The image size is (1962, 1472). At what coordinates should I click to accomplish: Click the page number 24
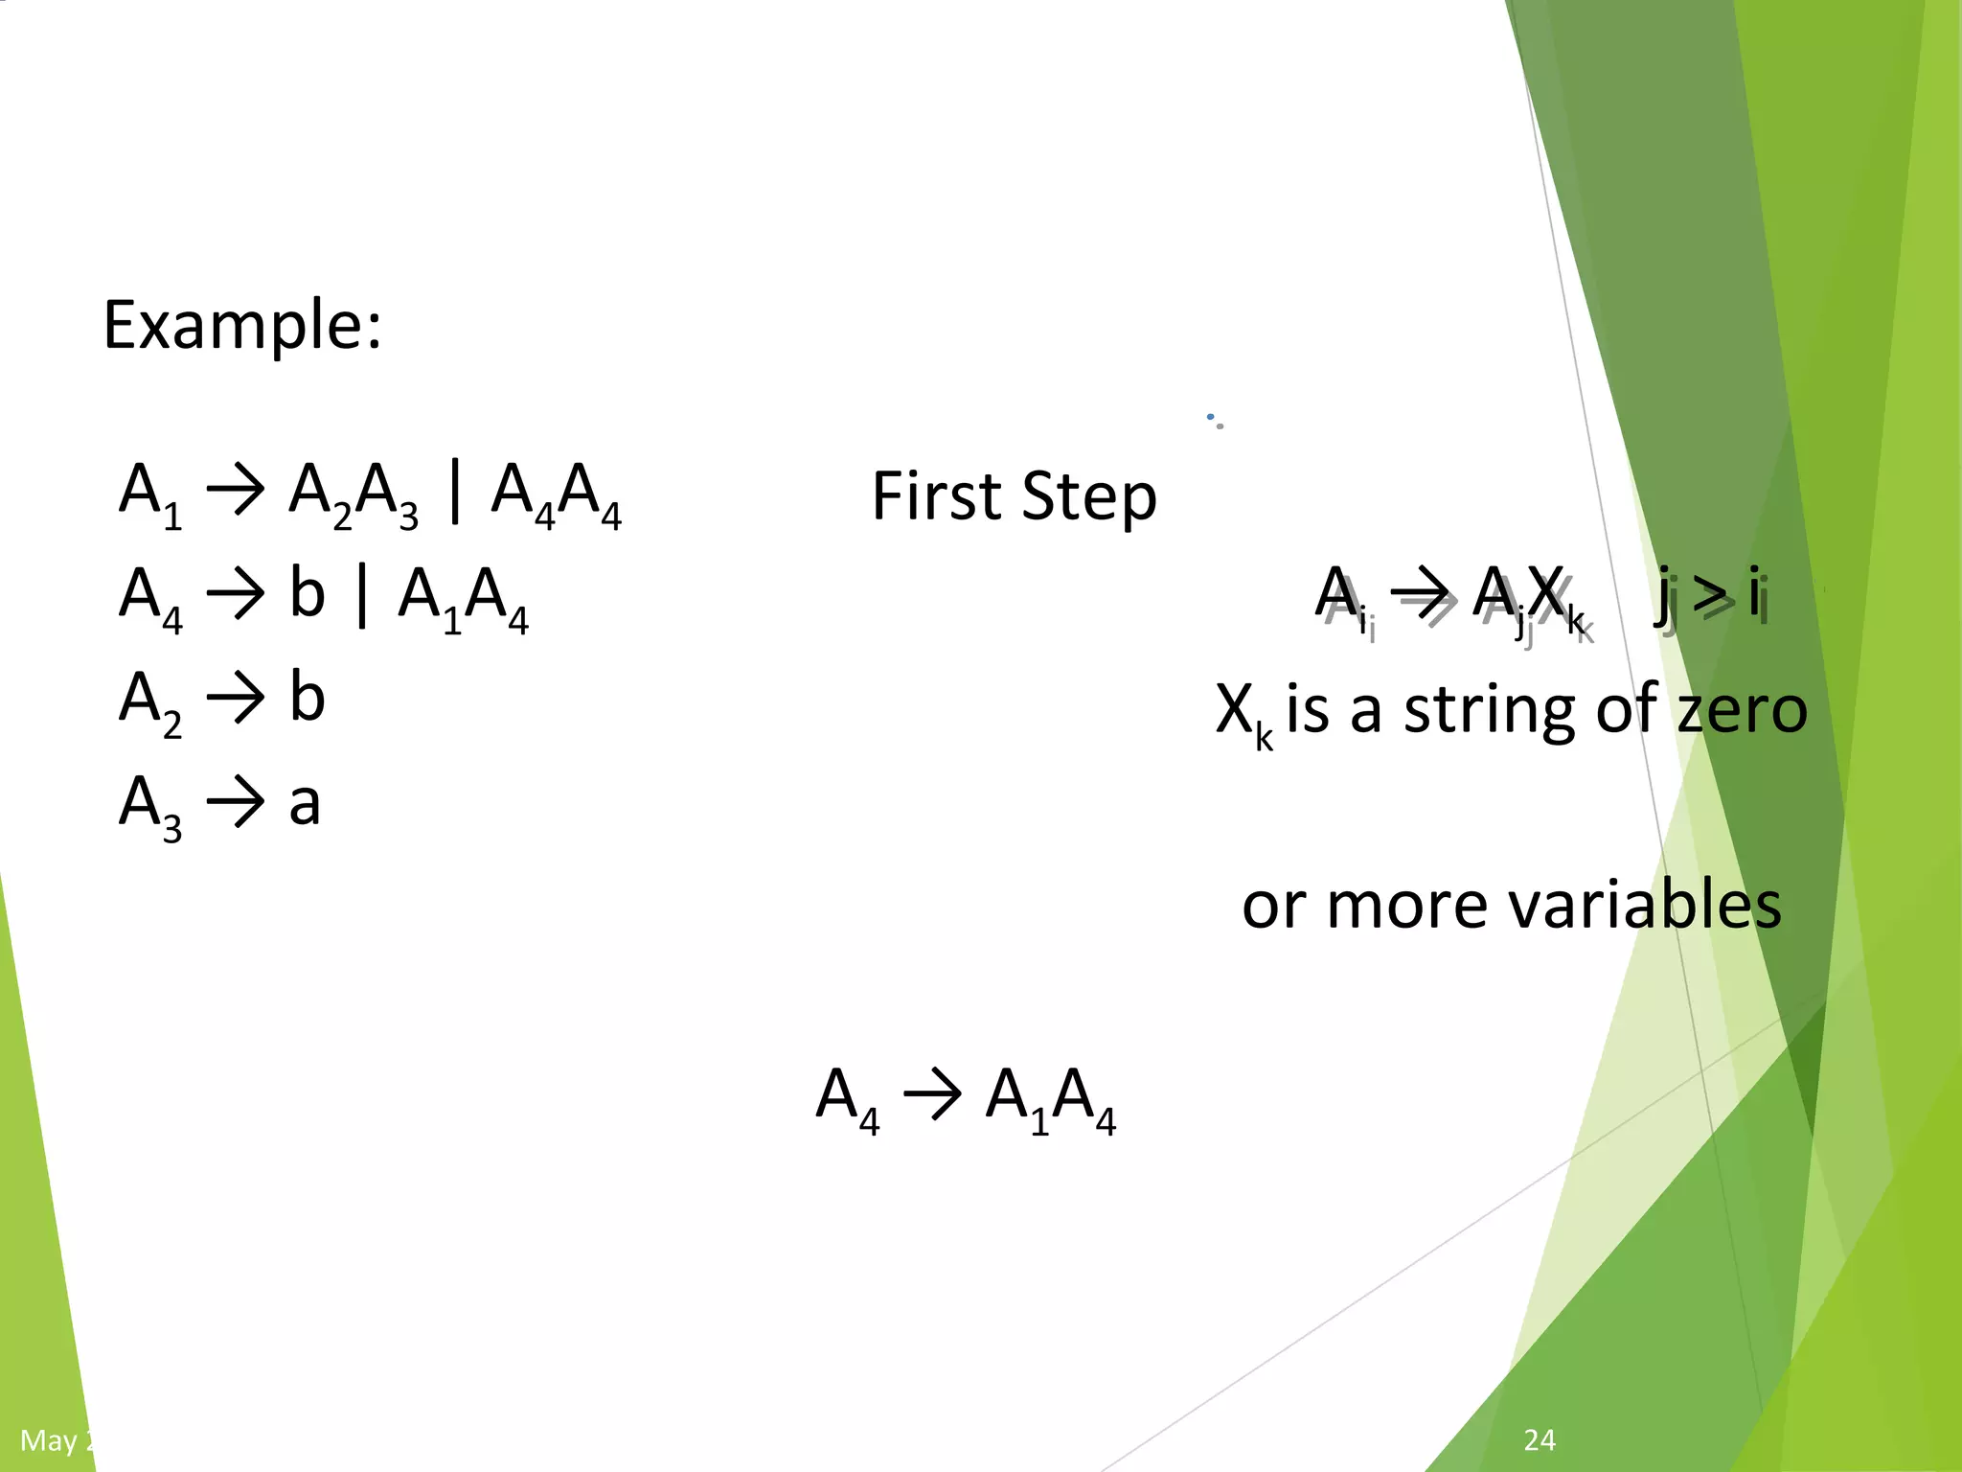click(x=1540, y=1439)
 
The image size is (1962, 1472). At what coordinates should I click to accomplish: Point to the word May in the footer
click(x=50, y=1440)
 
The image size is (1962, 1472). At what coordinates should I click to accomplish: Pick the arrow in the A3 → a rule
click(x=235, y=803)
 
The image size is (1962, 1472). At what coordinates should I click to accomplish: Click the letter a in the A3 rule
click(x=305, y=803)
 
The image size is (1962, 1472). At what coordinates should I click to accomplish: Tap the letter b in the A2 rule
click(x=307, y=698)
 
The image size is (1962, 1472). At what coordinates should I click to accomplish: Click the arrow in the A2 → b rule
click(x=235, y=698)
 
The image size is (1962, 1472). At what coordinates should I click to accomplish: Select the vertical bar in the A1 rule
click(x=454, y=491)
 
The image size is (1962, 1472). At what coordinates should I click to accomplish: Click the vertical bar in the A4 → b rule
click(x=361, y=596)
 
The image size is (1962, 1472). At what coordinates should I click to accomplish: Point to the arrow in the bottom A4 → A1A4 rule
click(x=932, y=1094)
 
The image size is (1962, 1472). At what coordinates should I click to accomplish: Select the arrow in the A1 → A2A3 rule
click(x=235, y=491)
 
